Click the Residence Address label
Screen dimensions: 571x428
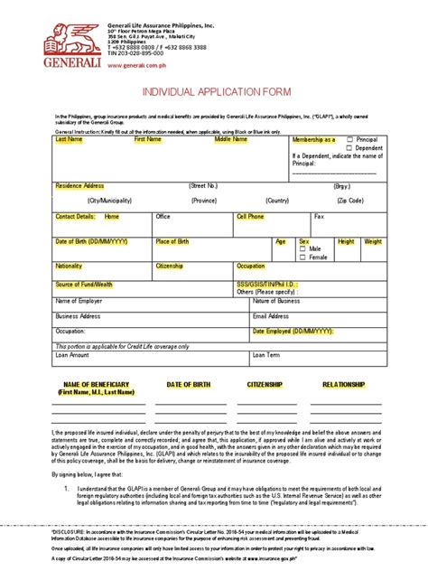[79, 185]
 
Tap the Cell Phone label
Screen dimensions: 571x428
[250, 217]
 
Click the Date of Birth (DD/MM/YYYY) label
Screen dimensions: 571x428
[92, 242]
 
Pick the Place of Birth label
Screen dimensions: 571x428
[172, 242]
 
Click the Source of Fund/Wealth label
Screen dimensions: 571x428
[84, 285]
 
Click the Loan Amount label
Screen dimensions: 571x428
[73, 355]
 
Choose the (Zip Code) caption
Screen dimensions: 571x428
[349, 201]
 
